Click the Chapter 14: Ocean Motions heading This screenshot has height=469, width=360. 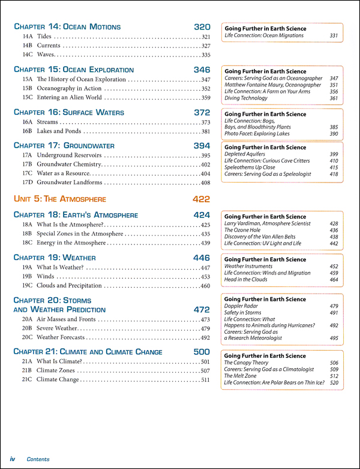pyautogui.click(x=67, y=27)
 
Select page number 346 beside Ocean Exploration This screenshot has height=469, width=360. pyautogui.click(x=202, y=70)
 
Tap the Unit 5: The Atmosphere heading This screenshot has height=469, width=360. pyautogui.click(x=59, y=199)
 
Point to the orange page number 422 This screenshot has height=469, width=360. pyautogui.click(x=202, y=199)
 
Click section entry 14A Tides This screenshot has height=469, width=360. pyautogui.click(x=45, y=37)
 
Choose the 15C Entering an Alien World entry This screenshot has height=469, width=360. pyautogui.click(x=69, y=97)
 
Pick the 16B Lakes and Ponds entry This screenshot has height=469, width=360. pyautogui.click(x=59, y=131)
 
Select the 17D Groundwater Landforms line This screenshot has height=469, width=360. pyautogui.click(x=73, y=182)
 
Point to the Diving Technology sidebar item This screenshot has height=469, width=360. pyautogui.click(x=246, y=98)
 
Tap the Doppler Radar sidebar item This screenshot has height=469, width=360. pyautogui.click(x=241, y=306)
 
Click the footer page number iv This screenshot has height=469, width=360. pyautogui.click(x=12, y=459)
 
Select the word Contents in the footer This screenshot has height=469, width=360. pyautogui.click(x=38, y=459)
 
